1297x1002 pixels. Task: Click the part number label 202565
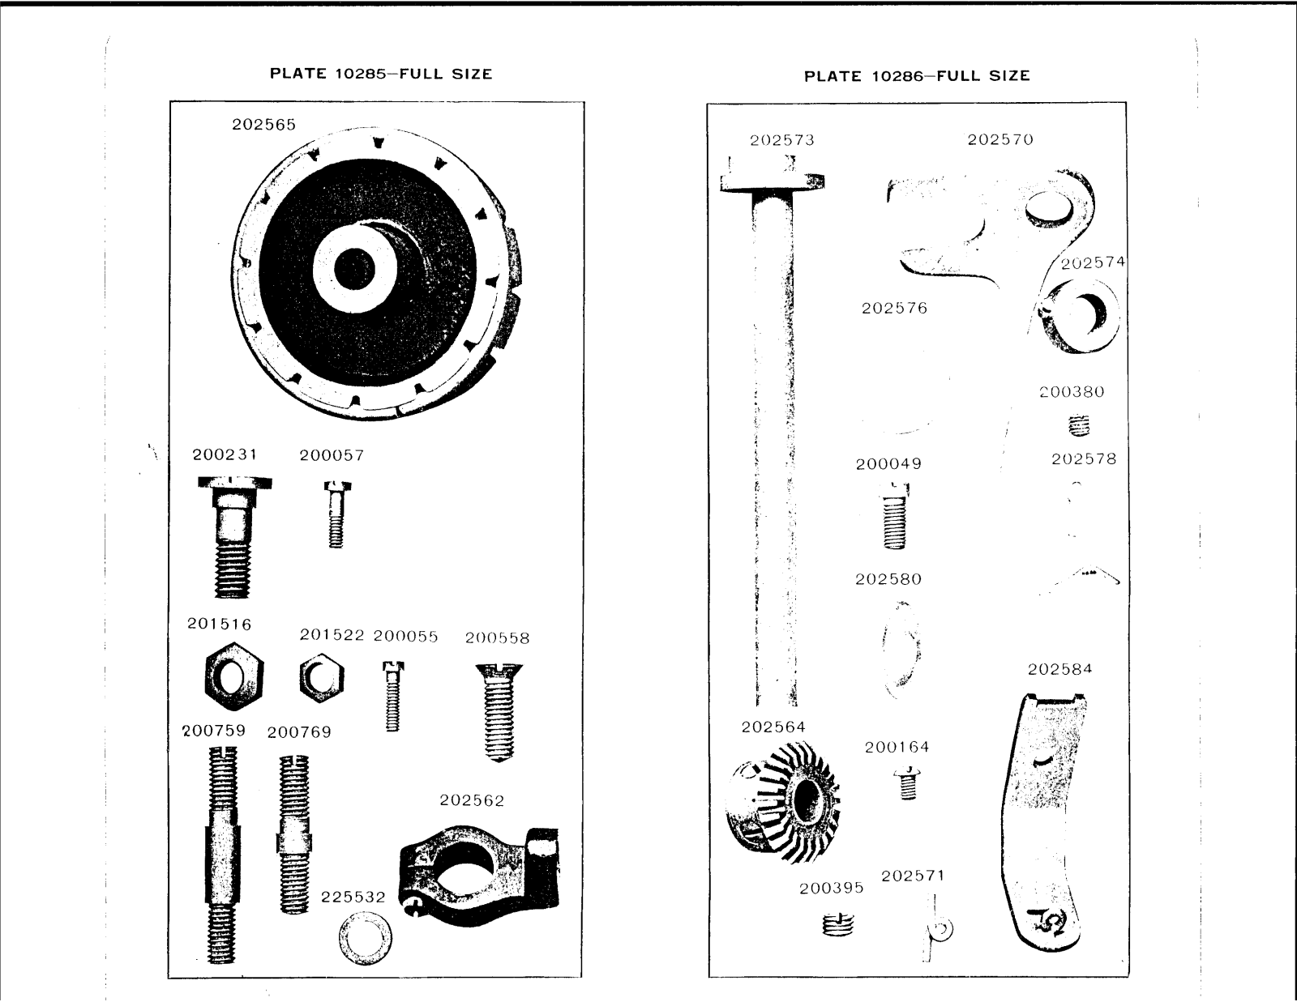coord(264,125)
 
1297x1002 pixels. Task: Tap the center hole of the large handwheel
coord(353,267)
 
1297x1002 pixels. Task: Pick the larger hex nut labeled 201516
coord(233,676)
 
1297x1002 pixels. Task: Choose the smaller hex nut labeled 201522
coord(321,678)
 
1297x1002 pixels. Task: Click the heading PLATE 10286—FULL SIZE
coord(917,76)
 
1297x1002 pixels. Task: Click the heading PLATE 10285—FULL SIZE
coord(381,75)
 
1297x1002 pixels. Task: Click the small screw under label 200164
coord(908,783)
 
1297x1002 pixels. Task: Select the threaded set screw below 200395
coord(837,923)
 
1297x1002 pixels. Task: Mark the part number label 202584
coord(1059,669)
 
